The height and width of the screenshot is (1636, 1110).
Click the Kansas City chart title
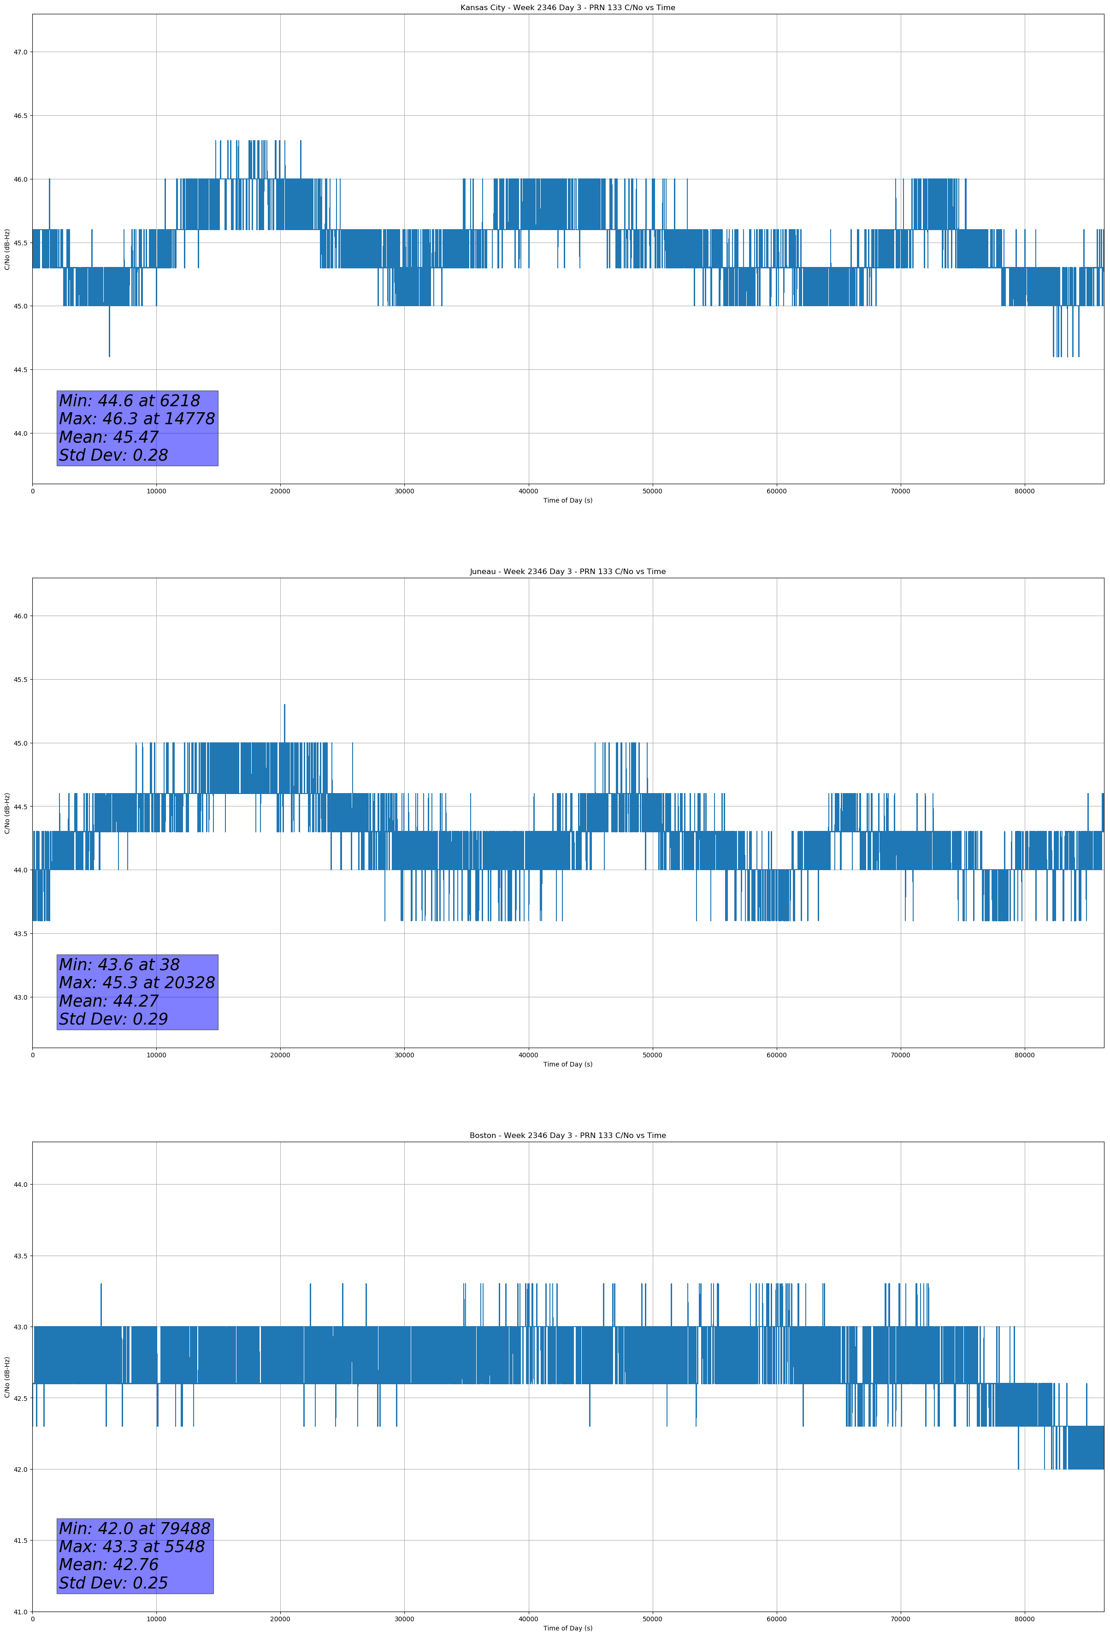click(567, 8)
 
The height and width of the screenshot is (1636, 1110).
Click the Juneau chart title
click(567, 572)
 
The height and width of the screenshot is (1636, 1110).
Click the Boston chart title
click(567, 1136)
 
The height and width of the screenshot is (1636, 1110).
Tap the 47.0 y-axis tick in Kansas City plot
click(20, 52)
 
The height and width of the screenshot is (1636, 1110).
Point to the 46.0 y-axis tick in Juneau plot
click(20, 616)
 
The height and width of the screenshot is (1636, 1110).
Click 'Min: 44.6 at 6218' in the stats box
click(130, 401)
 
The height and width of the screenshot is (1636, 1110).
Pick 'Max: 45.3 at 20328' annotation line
click(136, 983)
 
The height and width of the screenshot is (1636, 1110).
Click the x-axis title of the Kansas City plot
click(567, 500)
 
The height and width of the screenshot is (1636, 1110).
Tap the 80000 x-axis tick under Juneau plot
click(1024, 1055)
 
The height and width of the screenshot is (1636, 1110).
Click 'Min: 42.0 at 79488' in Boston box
click(135, 1528)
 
